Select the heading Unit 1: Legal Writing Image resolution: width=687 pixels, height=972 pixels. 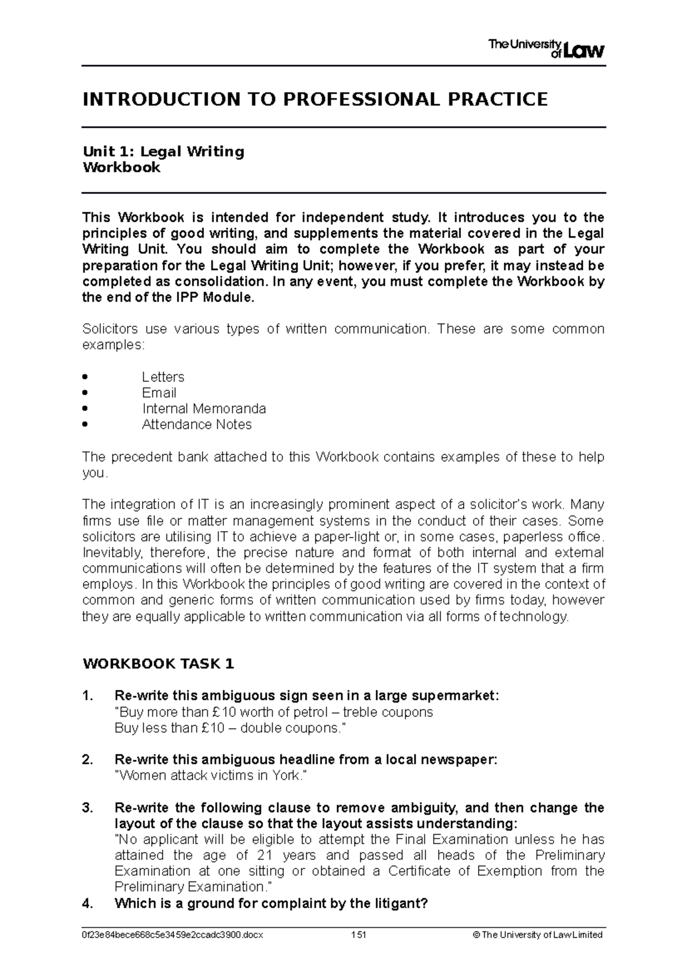tap(163, 152)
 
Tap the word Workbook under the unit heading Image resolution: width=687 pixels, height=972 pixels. tap(121, 168)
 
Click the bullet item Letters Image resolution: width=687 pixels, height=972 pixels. tap(163, 377)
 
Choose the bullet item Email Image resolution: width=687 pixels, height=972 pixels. tap(159, 393)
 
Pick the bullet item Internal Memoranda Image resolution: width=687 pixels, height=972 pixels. tap(204, 409)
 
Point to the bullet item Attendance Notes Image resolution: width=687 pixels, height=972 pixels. tap(196, 425)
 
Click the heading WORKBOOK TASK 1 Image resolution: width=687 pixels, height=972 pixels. tap(158, 664)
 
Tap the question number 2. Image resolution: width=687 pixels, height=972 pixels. tap(87, 760)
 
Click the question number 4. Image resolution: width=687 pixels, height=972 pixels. tap(87, 903)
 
